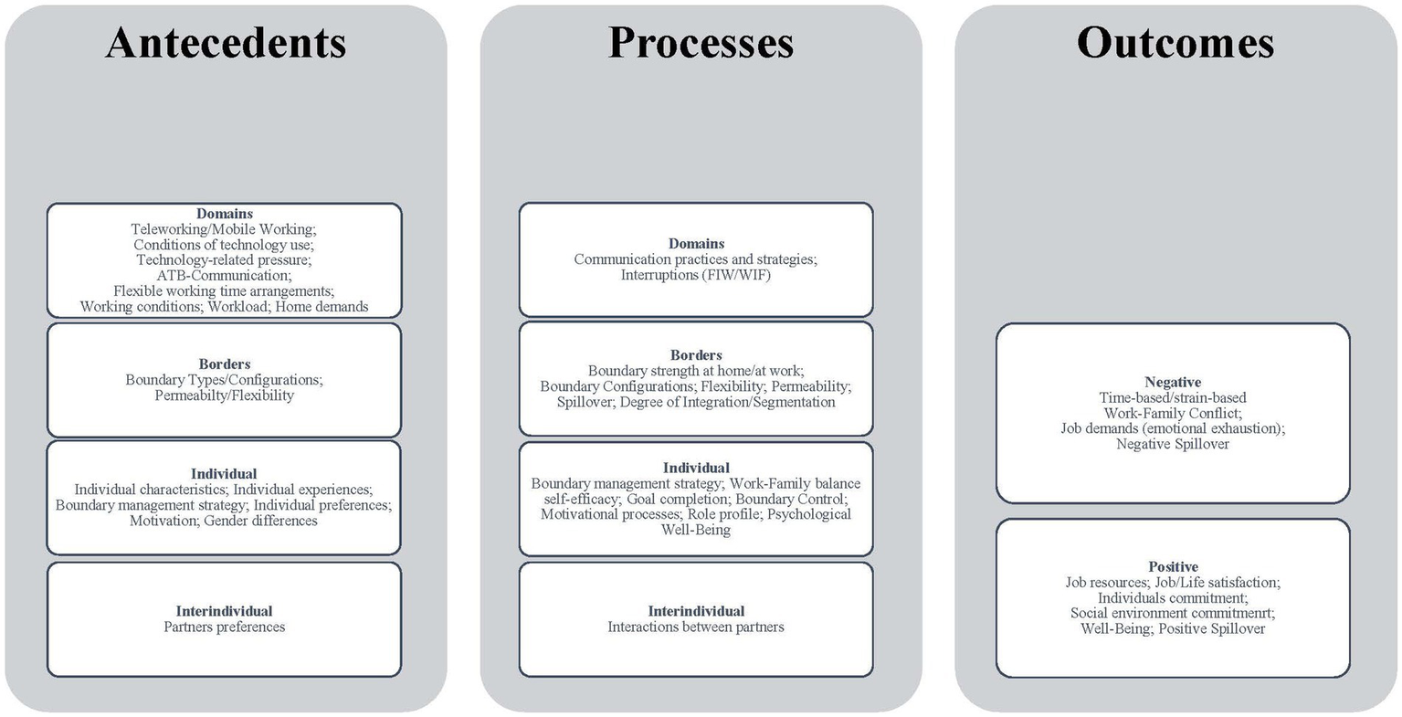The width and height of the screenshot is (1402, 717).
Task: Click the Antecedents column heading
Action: pos(226,43)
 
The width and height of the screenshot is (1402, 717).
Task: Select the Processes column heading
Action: pos(701,43)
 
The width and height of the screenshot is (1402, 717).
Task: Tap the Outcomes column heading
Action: pos(1175,43)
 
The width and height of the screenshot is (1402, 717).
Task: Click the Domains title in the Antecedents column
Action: pos(224,214)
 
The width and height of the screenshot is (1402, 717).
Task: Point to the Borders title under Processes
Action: pos(696,354)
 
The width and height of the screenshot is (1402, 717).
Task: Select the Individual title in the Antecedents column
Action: pos(224,473)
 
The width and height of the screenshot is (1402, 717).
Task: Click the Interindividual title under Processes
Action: pos(696,611)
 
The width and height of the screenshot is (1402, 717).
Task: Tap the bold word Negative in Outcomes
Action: pos(1173,382)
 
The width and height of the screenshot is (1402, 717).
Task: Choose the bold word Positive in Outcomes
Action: pos(1173,566)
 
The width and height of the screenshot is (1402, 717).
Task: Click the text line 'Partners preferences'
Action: pos(224,627)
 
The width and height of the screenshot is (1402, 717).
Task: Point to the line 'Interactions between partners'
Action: pos(696,627)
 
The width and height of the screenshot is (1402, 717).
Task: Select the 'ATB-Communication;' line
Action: pos(224,275)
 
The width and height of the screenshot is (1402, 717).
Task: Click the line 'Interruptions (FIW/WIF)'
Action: pos(696,274)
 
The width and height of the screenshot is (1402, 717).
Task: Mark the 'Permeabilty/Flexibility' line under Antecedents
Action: pos(224,395)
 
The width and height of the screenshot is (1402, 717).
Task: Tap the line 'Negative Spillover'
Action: pos(1173,444)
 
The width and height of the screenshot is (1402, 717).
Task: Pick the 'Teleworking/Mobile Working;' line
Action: pos(224,229)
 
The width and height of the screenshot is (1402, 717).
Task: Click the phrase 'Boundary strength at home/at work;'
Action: pos(696,370)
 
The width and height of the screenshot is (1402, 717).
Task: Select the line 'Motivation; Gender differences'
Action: pos(224,521)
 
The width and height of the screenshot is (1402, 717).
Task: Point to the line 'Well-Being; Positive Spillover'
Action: pos(1173,628)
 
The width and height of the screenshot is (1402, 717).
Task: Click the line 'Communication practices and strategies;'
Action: pos(696,259)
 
